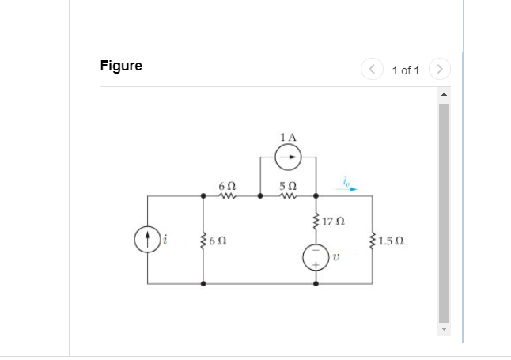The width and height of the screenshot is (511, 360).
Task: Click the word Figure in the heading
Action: coord(121,66)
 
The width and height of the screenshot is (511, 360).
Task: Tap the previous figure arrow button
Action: coord(372,70)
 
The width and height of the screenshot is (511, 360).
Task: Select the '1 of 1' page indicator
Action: coord(405,70)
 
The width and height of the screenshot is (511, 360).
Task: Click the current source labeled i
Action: coord(147,238)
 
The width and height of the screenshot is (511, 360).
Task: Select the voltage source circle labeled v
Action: coord(316,258)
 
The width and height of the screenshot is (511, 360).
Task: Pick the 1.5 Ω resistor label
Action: coord(392,241)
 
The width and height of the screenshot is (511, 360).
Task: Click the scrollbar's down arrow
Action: coord(444,329)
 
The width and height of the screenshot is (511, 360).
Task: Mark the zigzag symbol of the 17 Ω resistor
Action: coord(316,221)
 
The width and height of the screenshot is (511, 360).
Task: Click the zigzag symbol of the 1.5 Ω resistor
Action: coord(373,240)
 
